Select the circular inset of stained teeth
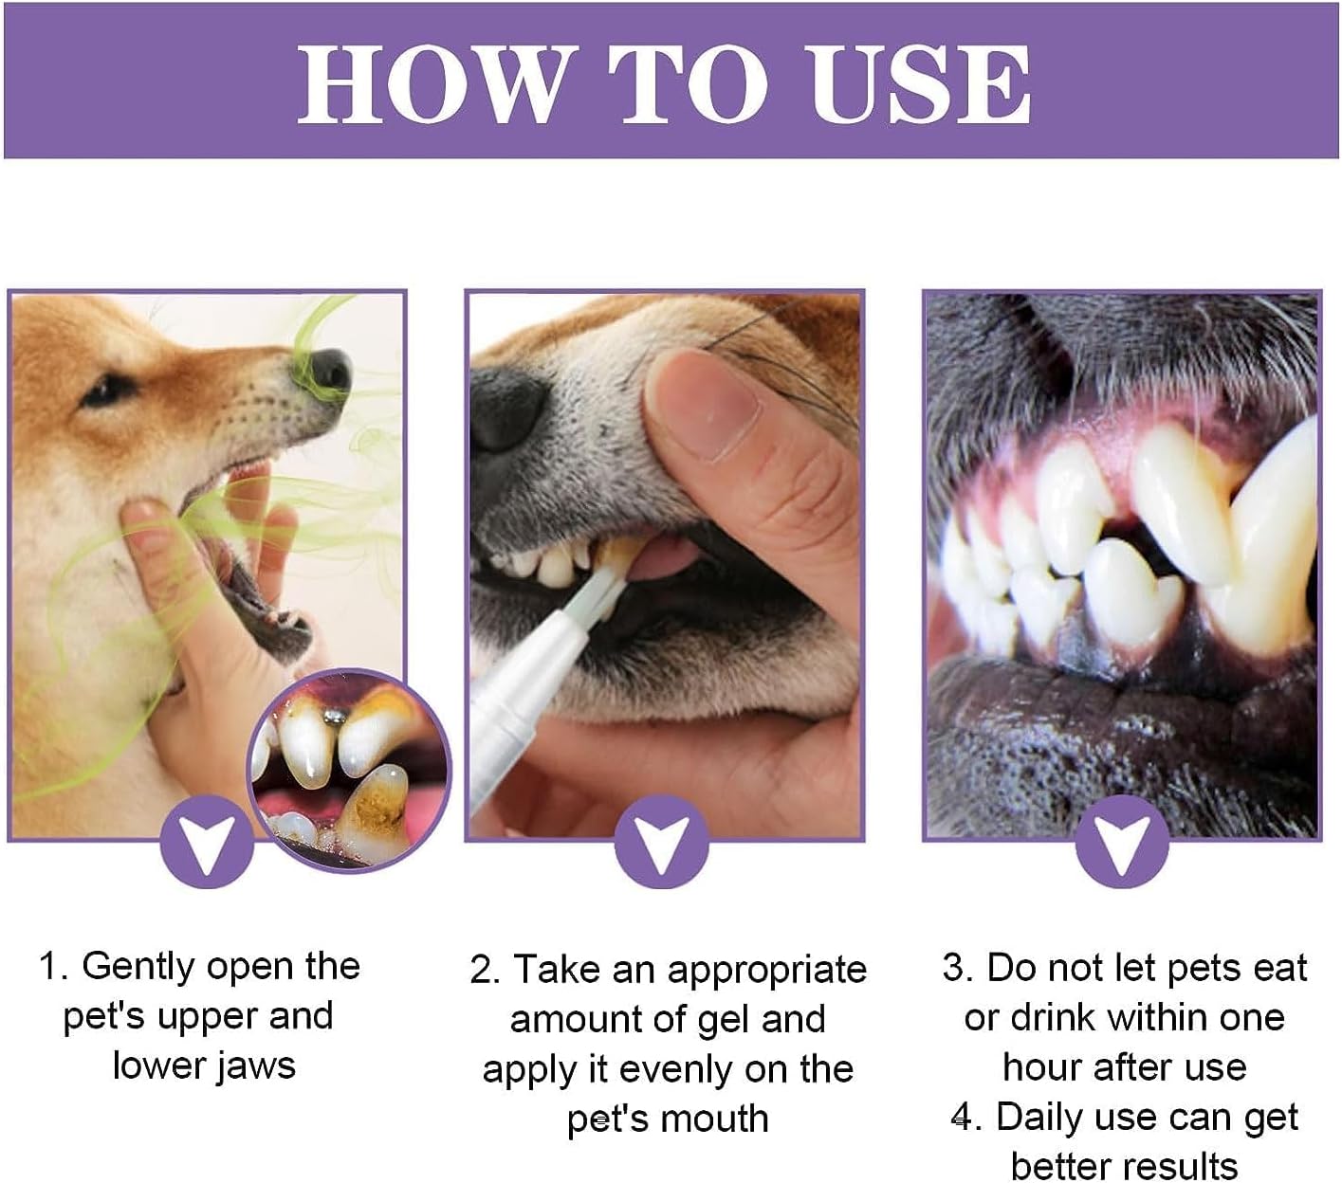(x=349, y=770)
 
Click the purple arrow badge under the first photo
(x=206, y=842)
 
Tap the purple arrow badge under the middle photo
(x=661, y=842)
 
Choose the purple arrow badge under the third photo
(x=1121, y=842)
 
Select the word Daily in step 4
(x=1038, y=1117)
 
